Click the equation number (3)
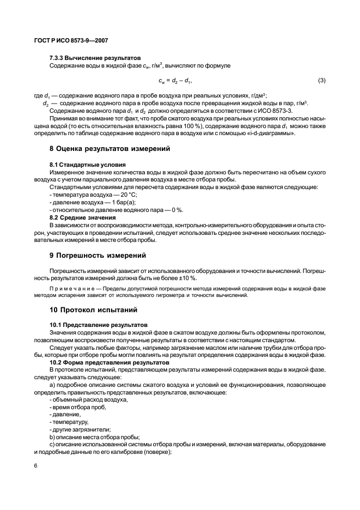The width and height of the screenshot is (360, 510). (321, 81)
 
